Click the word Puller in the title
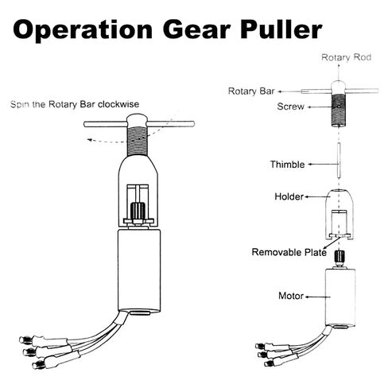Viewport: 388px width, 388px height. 281,29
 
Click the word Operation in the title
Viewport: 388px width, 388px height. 83,29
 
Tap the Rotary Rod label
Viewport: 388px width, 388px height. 346,57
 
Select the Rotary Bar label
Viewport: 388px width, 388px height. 251,91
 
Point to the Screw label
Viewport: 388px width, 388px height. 290,107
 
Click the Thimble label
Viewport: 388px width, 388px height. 287,165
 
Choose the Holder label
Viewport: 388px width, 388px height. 289,196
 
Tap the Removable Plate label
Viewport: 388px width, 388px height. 289,252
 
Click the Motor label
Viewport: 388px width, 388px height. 291,296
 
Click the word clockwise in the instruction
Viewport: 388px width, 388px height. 118,104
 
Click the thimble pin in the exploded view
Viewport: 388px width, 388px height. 339,161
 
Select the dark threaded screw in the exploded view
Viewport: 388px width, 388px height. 339,111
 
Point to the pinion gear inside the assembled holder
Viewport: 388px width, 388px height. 138,211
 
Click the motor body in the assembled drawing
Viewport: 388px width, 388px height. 139,271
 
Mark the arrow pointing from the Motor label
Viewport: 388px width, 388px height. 318,297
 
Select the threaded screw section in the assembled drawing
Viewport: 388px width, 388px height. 138,141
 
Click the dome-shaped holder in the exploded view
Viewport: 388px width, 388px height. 339,215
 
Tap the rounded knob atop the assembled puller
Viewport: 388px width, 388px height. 137,120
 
